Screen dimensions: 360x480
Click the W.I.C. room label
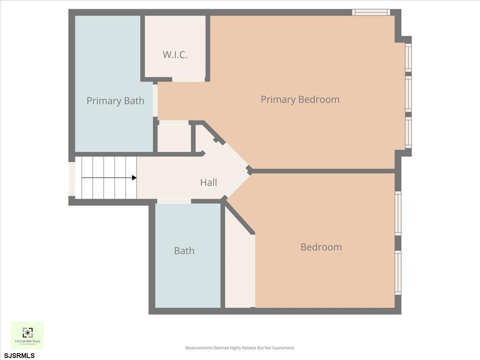click(175, 55)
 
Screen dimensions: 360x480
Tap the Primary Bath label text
click(115, 101)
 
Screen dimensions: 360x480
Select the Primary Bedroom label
click(300, 99)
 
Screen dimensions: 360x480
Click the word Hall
click(208, 183)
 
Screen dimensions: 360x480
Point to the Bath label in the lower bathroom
click(184, 251)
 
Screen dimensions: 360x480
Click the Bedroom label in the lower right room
click(321, 247)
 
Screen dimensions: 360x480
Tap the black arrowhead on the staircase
click(134, 178)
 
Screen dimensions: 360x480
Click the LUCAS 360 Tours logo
click(27, 335)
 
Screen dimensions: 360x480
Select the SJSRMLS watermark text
click(19, 356)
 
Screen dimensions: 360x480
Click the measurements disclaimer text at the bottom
click(240, 348)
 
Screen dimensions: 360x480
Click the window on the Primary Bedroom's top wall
click(371, 12)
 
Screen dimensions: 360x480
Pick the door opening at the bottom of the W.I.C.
click(188, 80)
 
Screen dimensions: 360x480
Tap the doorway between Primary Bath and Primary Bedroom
click(155, 100)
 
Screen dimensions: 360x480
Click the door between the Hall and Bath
click(174, 201)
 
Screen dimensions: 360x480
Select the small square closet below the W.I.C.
click(174, 138)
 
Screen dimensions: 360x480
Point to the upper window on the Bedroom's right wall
click(398, 213)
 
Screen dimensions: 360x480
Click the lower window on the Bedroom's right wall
click(398, 273)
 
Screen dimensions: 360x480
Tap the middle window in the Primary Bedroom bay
click(408, 94)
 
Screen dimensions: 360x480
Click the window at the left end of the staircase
click(72, 179)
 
